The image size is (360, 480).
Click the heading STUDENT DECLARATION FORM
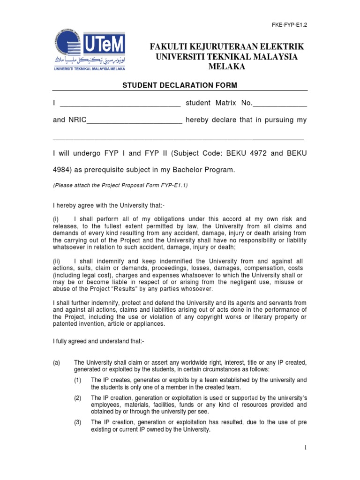[180, 85]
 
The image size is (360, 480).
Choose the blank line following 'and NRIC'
[135, 121]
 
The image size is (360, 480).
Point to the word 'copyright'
[226, 317]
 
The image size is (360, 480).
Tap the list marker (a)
[57, 363]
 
